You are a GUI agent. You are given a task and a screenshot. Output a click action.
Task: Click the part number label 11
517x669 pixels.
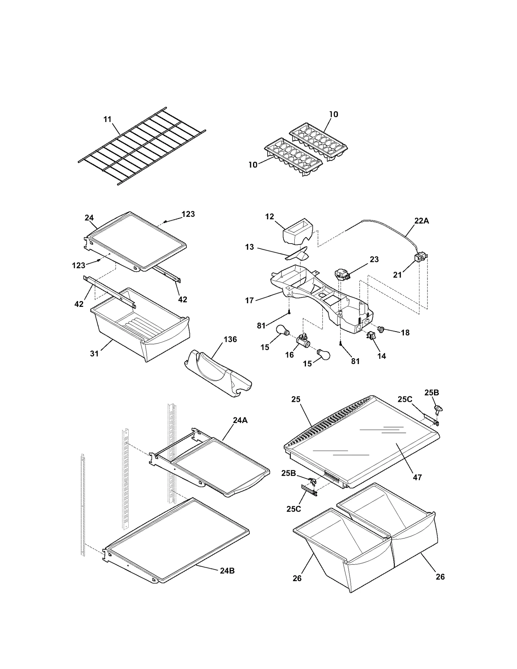click(x=107, y=119)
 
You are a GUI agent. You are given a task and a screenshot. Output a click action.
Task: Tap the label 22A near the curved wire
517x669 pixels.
click(x=421, y=221)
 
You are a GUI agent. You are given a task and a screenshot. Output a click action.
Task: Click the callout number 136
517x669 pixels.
click(x=230, y=339)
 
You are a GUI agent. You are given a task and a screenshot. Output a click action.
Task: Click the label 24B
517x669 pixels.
click(x=227, y=570)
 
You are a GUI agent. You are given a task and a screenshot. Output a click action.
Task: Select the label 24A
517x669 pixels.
click(x=240, y=420)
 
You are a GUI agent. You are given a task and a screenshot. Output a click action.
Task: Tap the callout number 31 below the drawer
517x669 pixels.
click(x=94, y=353)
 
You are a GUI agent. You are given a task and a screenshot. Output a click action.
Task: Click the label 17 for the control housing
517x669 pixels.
click(x=249, y=300)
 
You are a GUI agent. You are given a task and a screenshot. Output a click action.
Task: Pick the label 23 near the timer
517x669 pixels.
click(x=374, y=259)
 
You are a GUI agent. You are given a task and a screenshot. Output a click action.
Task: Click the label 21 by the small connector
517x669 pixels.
click(x=397, y=275)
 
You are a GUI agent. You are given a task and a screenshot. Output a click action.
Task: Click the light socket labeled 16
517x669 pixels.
click(x=303, y=341)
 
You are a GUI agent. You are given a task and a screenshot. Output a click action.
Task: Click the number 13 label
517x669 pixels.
click(x=249, y=247)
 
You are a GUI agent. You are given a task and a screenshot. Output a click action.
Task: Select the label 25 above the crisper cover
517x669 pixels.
click(x=296, y=399)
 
